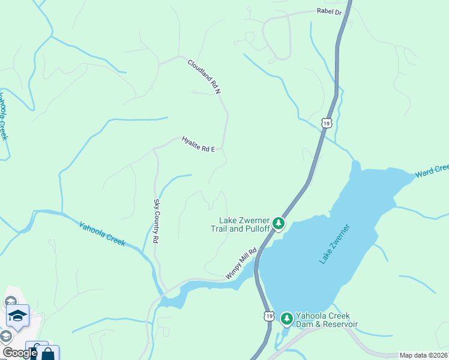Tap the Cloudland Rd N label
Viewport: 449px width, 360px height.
tap(204, 76)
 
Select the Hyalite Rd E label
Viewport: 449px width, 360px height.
tap(198, 145)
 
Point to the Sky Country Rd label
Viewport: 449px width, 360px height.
tap(156, 221)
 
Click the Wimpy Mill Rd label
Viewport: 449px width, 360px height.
tap(241, 263)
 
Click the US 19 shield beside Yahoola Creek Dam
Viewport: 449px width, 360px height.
tap(268, 316)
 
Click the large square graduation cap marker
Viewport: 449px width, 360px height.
tap(18, 315)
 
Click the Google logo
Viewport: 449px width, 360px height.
tap(20, 353)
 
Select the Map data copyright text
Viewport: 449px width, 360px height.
tap(423, 355)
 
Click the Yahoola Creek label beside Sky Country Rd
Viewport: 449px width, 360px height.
tap(102, 233)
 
